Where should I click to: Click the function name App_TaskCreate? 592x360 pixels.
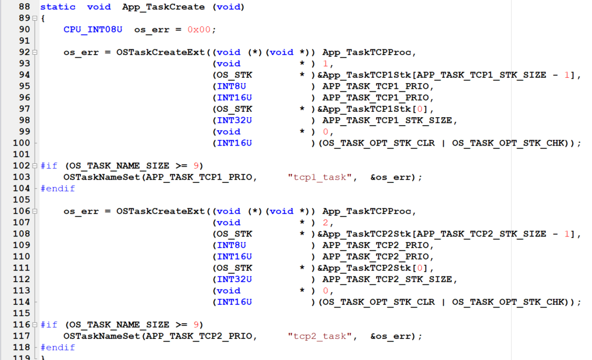pyautogui.click(x=163, y=7)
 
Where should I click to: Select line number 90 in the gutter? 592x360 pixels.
pyautogui.click(x=24, y=29)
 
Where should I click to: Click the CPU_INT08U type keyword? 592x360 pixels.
pyautogui.click(x=93, y=29)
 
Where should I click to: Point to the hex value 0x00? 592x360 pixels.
pyautogui.click(x=199, y=29)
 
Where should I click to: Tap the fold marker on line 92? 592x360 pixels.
pyautogui.click(x=35, y=52)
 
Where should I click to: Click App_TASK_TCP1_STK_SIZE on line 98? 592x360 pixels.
pyautogui.click(x=387, y=120)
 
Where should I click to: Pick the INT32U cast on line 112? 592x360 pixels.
pyautogui.click(x=234, y=279)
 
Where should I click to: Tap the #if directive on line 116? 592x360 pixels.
pyautogui.click(x=49, y=324)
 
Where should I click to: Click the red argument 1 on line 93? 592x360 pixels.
pyautogui.click(x=325, y=64)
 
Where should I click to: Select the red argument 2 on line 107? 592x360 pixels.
pyautogui.click(x=325, y=222)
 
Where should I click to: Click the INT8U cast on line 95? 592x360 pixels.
pyautogui.click(x=231, y=86)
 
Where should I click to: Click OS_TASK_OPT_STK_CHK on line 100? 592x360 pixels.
pyautogui.click(x=507, y=143)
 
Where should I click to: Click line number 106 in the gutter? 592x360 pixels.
pyautogui.click(x=22, y=211)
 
